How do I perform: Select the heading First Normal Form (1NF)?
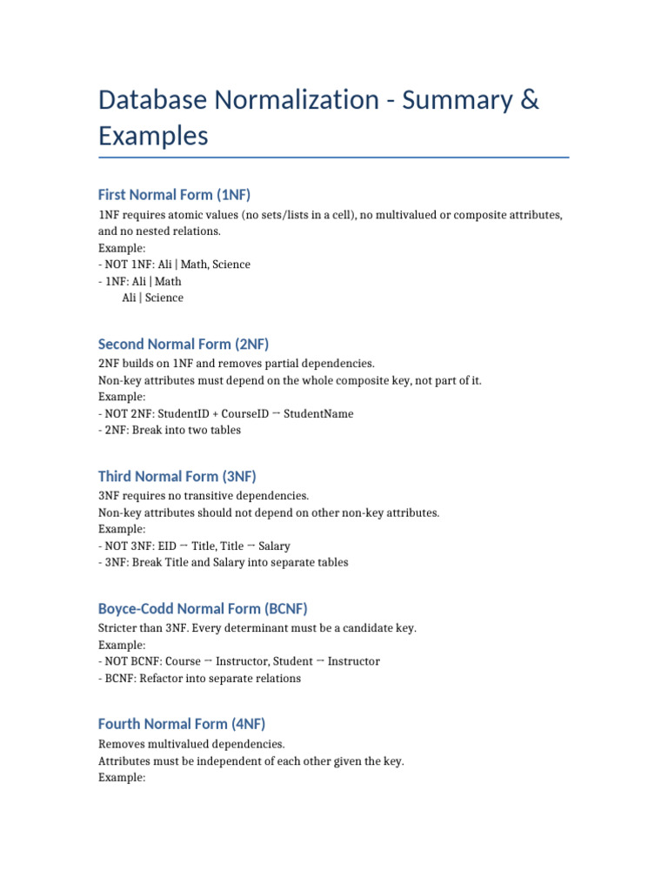(x=174, y=194)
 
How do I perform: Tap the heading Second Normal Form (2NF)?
(x=190, y=344)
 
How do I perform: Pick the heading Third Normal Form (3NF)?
(x=177, y=476)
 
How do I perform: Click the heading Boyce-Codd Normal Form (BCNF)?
(x=203, y=608)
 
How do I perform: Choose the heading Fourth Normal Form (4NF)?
(x=182, y=723)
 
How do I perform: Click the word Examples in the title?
(x=153, y=137)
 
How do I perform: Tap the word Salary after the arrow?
(x=274, y=546)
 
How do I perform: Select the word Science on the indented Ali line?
(x=164, y=298)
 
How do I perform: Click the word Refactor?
(x=165, y=679)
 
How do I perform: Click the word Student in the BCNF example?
(x=283, y=661)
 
